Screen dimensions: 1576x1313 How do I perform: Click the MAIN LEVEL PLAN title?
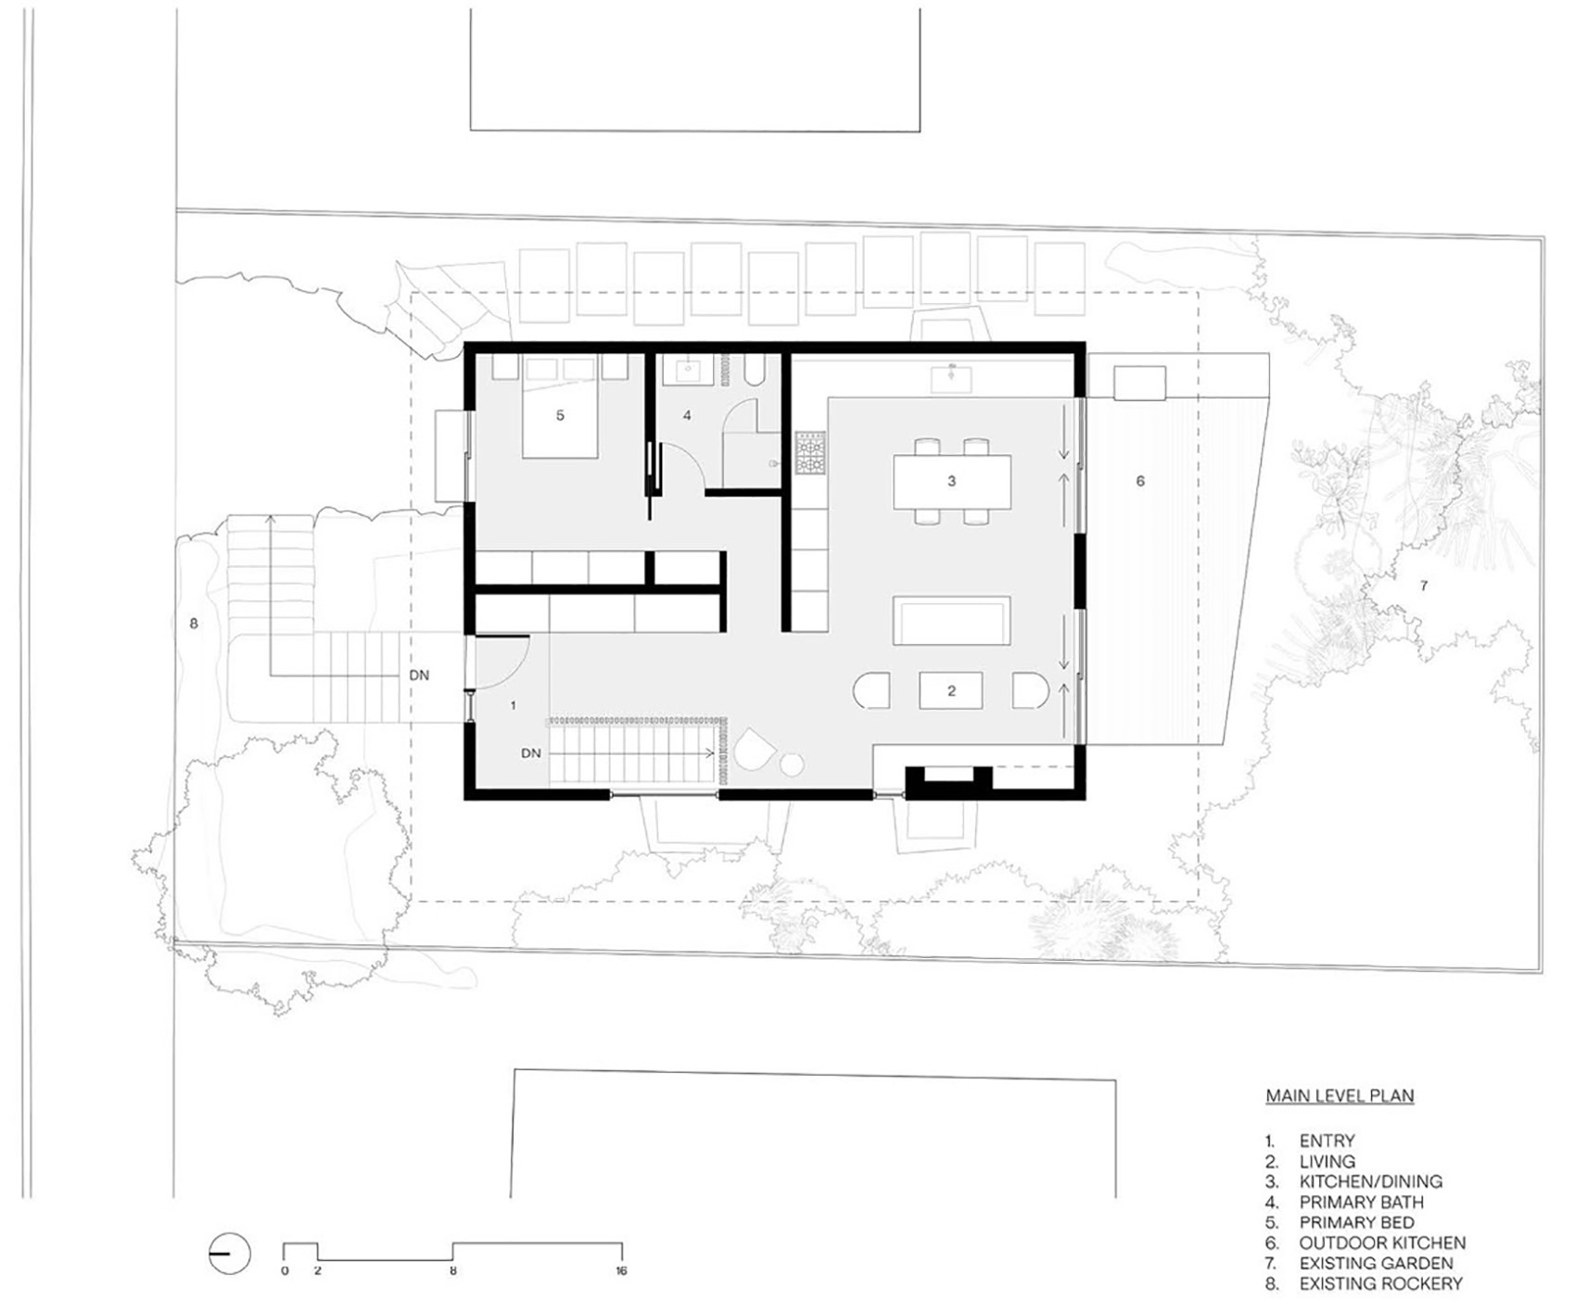[1340, 1096]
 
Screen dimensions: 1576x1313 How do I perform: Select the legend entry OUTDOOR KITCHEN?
[1381, 1243]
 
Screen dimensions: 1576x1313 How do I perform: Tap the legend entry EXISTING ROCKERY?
[1380, 1283]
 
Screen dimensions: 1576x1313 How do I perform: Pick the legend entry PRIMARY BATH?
[1361, 1202]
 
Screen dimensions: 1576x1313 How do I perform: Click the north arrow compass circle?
[229, 1255]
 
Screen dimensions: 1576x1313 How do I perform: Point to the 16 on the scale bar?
[621, 1270]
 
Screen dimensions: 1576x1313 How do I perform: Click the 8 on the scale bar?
[453, 1270]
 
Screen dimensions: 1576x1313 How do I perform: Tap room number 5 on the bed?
[560, 415]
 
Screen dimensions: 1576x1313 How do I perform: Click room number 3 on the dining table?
[951, 481]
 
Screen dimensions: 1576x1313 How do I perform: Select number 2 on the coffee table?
[951, 690]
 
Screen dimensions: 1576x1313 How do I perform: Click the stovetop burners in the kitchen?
[809, 453]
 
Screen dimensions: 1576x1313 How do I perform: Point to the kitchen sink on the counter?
[951, 378]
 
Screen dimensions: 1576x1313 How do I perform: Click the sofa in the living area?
[951, 621]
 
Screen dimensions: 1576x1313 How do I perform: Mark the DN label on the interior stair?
[530, 753]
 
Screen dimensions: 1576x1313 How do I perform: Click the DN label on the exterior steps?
[419, 675]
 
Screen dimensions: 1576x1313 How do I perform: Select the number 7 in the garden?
[1424, 586]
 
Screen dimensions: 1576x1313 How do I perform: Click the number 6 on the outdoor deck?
[1140, 481]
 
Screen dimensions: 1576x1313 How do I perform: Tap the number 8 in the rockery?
[194, 624]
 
